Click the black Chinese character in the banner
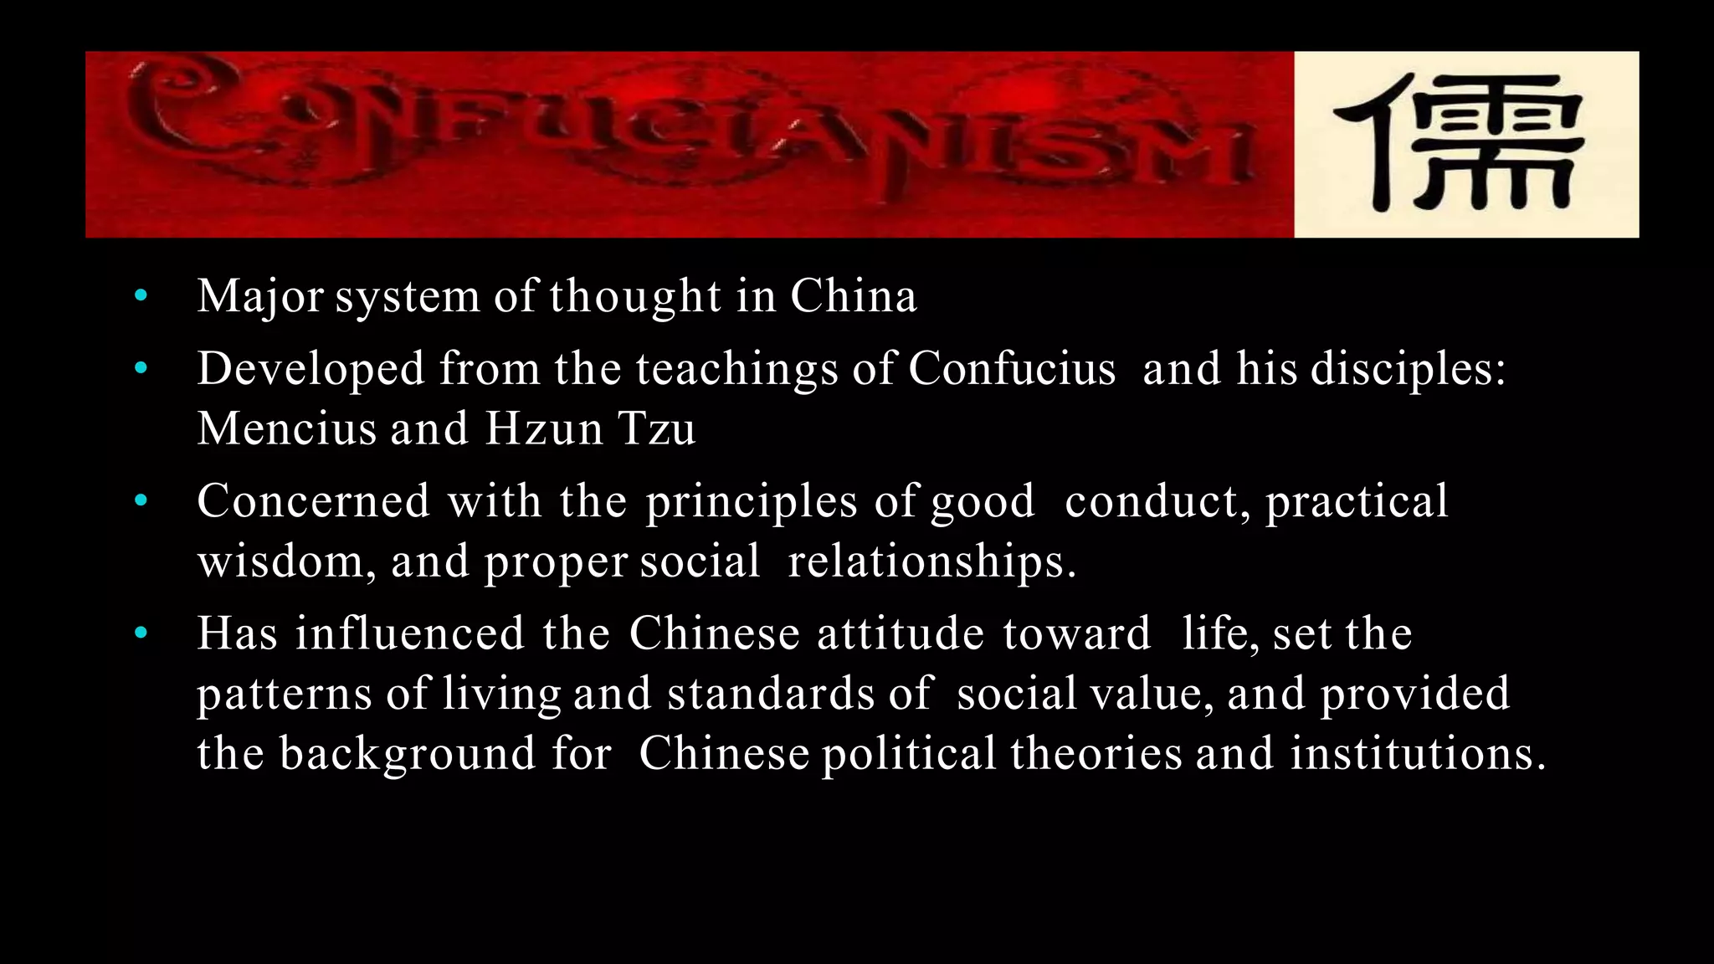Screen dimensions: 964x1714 tap(1459, 144)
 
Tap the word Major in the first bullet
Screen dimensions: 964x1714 tap(260, 296)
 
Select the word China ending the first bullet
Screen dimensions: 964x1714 tap(854, 296)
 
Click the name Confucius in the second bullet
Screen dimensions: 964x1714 tap(1012, 368)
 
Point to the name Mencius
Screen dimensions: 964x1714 tap(287, 428)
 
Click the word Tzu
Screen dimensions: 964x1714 tap(657, 428)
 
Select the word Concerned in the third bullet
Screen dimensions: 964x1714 tap(313, 501)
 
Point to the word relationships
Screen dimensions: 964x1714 tap(931, 561)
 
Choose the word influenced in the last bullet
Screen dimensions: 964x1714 tap(409, 633)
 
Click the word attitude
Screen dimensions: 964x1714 tap(901, 633)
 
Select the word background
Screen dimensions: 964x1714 tap(407, 754)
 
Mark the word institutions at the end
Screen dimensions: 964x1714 tap(1416, 754)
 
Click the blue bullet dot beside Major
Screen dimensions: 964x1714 tap(141, 295)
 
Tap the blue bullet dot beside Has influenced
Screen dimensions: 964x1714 tap(141, 633)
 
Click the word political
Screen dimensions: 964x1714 tap(909, 754)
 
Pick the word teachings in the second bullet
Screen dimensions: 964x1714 tap(736, 368)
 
